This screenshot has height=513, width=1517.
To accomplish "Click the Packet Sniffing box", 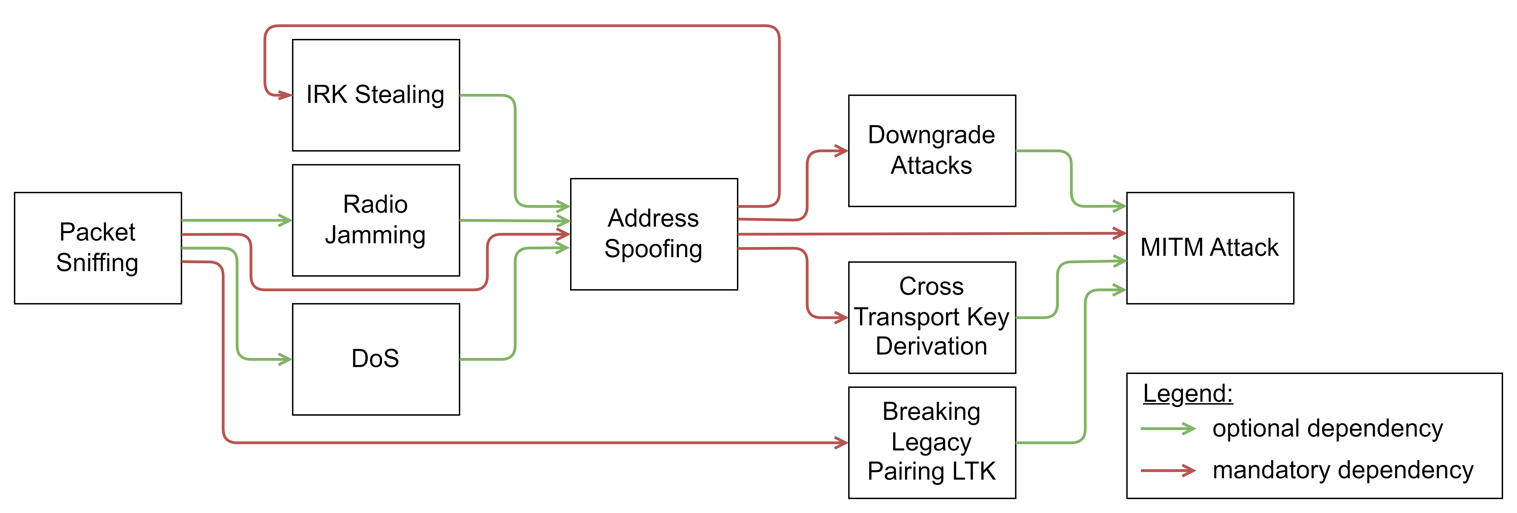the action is pyautogui.click(x=98, y=248).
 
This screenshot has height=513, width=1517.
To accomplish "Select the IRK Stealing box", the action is pyautogui.click(x=376, y=95).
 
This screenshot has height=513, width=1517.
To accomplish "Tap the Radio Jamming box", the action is pyautogui.click(x=376, y=220).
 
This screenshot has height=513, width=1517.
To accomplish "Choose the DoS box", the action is pyautogui.click(x=376, y=359).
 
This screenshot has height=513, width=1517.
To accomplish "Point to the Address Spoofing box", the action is pyautogui.click(x=654, y=234).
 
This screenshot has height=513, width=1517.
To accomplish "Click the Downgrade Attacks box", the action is pyautogui.click(x=932, y=151).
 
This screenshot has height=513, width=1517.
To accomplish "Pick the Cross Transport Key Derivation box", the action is pyautogui.click(x=932, y=318).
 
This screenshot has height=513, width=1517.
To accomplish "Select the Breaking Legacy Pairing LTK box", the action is pyautogui.click(x=932, y=442).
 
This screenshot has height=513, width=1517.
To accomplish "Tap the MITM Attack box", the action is pyautogui.click(x=1210, y=248).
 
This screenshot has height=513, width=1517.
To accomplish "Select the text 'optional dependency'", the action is pyautogui.click(x=1327, y=429).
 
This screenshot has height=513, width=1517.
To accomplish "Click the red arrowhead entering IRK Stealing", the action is pyautogui.click(x=285, y=95).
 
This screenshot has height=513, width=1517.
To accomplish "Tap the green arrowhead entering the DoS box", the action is pyautogui.click(x=285, y=359).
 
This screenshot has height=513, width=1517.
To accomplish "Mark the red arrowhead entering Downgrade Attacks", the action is pyautogui.click(x=841, y=151).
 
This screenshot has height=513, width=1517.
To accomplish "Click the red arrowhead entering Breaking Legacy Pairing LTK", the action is pyautogui.click(x=841, y=442).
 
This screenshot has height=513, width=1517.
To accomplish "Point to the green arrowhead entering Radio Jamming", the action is pyautogui.click(x=285, y=220).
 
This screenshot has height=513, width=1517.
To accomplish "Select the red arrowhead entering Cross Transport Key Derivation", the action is pyautogui.click(x=841, y=318).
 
